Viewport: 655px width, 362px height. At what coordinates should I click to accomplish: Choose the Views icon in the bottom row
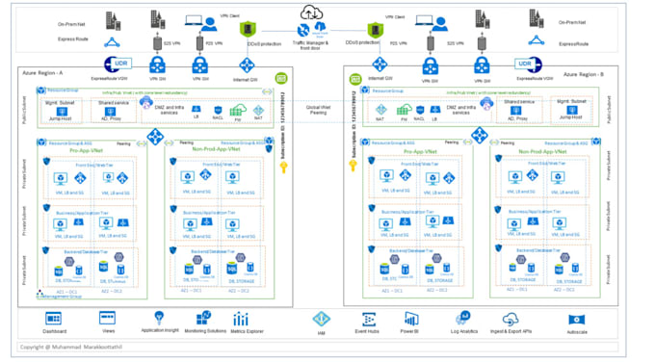coord(108,318)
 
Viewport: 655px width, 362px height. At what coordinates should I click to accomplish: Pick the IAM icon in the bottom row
coord(321,318)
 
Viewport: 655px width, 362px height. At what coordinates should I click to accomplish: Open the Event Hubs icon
coord(366,318)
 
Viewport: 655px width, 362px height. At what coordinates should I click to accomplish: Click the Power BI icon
coord(409,318)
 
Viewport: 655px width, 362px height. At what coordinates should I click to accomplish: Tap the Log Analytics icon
coord(463,317)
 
